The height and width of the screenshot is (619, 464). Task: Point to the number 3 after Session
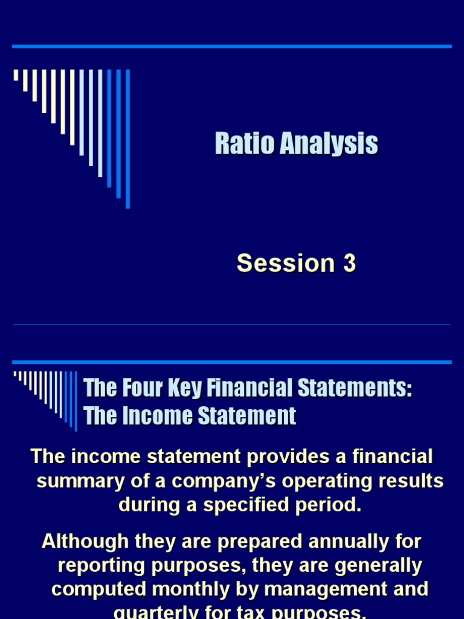(x=349, y=263)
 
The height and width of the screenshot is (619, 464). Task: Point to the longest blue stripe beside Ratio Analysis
(x=127, y=139)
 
